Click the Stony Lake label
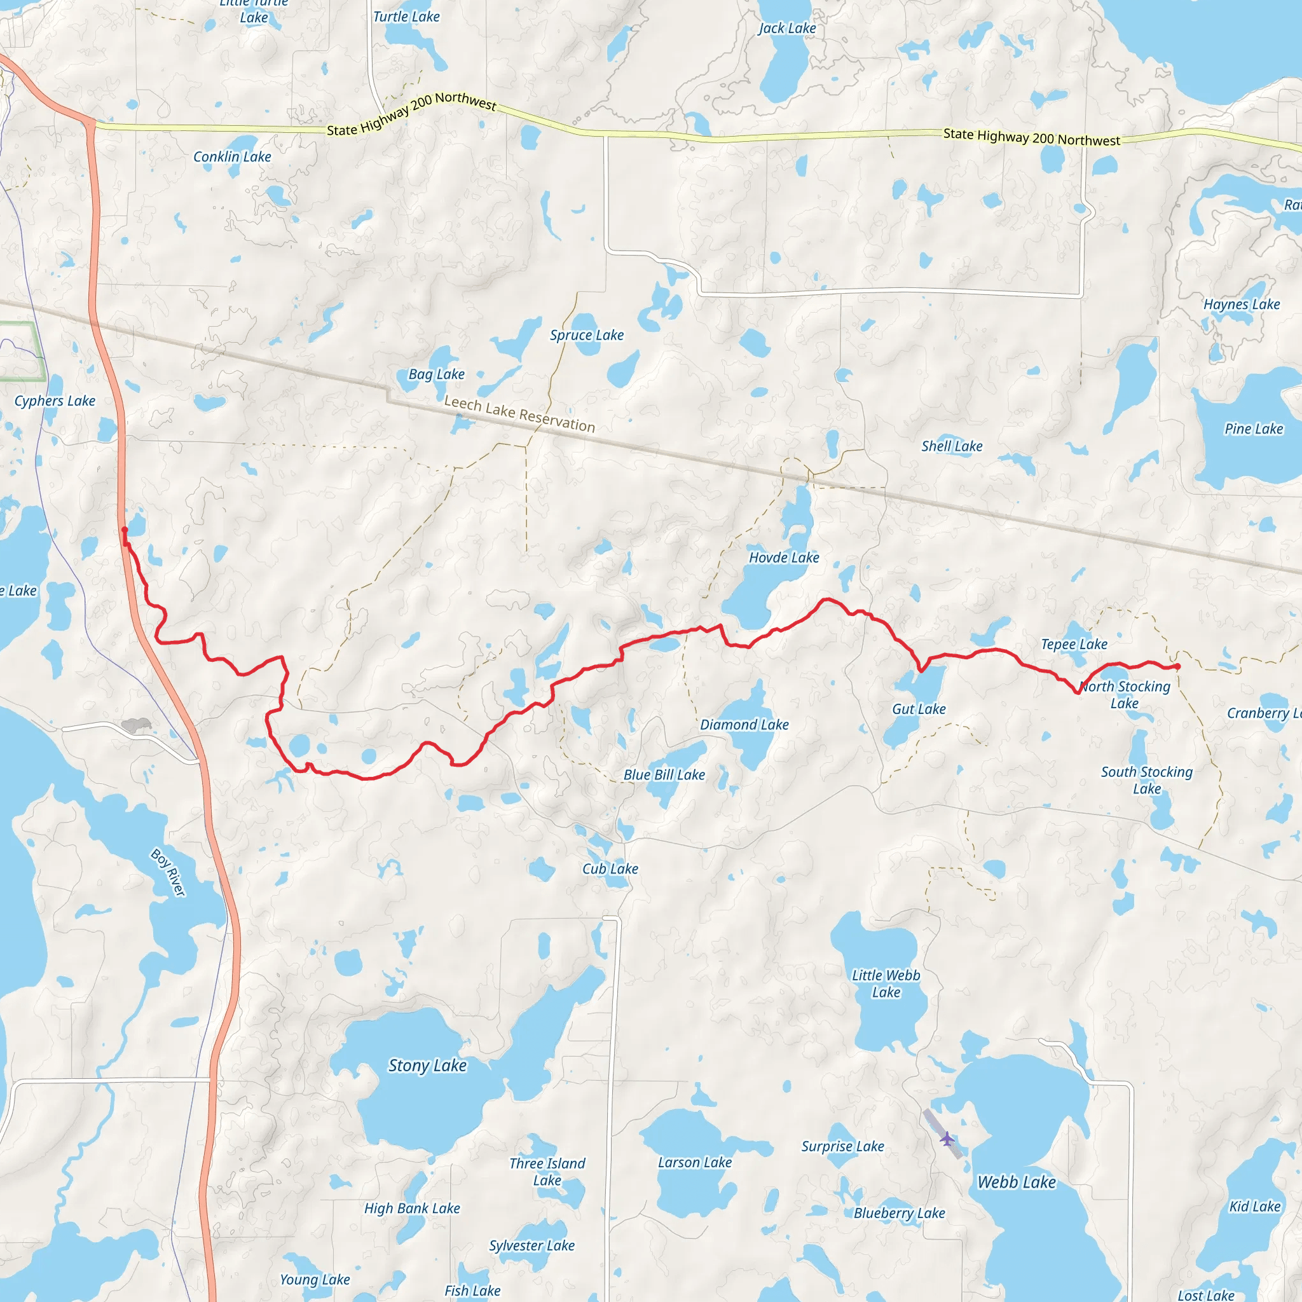pyautogui.click(x=427, y=1066)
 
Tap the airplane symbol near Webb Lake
pyautogui.click(x=947, y=1139)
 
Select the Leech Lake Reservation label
pyautogui.click(x=519, y=414)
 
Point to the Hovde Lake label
pyautogui.click(x=784, y=558)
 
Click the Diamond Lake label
pyautogui.click(x=744, y=725)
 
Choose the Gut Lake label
pyautogui.click(x=919, y=709)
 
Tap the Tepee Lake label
pyautogui.click(x=1074, y=644)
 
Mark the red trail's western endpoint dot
pyautogui.click(x=124, y=530)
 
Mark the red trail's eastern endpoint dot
pyautogui.click(x=1177, y=666)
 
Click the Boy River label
pyautogui.click(x=168, y=873)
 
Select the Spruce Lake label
pyautogui.click(x=586, y=335)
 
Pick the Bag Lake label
pyautogui.click(x=437, y=374)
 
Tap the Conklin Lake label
pyautogui.click(x=232, y=156)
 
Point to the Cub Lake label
pyautogui.click(x=610, y=868)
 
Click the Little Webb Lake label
pyautogui.click(x=886, y=983)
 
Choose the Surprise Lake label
pyautogui.click(x=842, y=1146)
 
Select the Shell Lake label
pyautogui.click(x=952, y=446)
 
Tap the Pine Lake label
pyautogui.click(x=1254, y=428)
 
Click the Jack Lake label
pyautogui.click(x=786, y=29)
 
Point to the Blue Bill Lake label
pyautogui.click(x=664, y=775)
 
